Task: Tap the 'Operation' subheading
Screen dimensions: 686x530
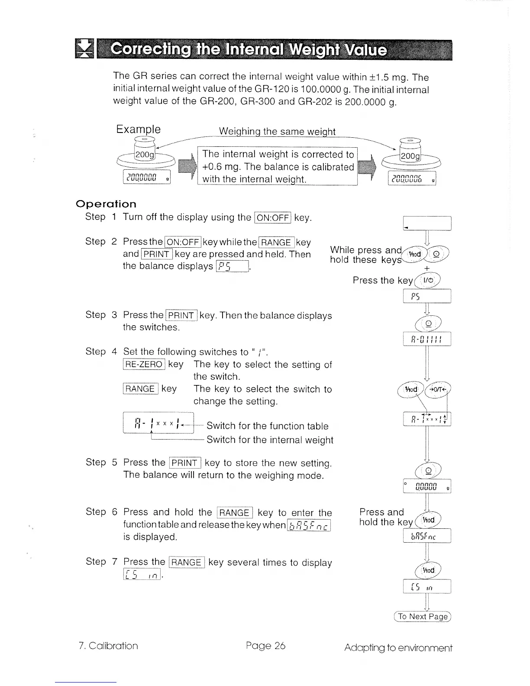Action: pyautogui.click(x=106, y=204)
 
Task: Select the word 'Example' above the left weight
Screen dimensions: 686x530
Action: pyautogui.click(x=138, y=129)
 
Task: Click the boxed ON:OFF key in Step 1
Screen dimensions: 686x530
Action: pyautogui.click(x=273, y=217)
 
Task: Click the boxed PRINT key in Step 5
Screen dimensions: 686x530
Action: pyautogui.click(x=185, y=463)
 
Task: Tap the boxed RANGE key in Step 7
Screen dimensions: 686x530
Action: pyautogui.click(x=186, y=562)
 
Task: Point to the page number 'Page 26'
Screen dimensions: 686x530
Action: pyautogui.click(x=265, y=646)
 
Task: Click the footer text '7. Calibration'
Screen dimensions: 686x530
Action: pyautogui.click(x=108, y=646)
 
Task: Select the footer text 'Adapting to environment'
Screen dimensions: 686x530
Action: pyautogui.click(x=398, y=648)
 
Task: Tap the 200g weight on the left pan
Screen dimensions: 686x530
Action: pyautogui.click(x=145, y=155)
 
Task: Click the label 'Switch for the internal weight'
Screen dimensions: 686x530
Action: pyautogui.click(x=270, y=440)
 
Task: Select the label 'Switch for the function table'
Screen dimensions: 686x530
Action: pyautogui.click(x=267, y=426)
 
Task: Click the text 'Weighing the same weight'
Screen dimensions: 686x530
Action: pyautogui.click(x=277, y=131)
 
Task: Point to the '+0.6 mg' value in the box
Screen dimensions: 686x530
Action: pyautogui.click(x=221, y=167)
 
